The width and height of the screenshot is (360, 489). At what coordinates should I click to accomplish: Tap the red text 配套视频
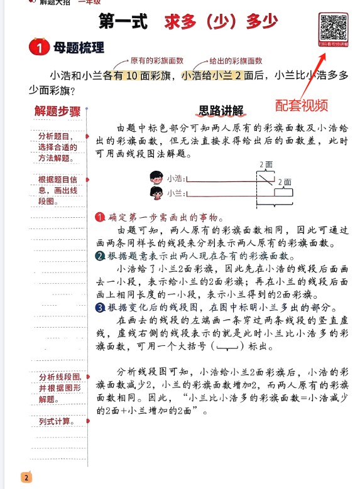coord(302,104)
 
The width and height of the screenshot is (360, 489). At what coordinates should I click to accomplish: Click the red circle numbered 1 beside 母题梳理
coord(39,48)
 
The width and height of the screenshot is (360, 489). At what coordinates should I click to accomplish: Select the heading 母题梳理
coord(79,48)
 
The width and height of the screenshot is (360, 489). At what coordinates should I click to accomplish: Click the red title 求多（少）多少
coord(221,22)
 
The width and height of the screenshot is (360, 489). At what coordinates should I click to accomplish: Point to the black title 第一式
coord(123,22)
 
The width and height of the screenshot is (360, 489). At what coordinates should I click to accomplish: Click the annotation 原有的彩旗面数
coord(156,61)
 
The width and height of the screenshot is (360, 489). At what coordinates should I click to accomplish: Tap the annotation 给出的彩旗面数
coord(236,61)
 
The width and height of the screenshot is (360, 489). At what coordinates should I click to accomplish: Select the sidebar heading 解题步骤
coord(58,112)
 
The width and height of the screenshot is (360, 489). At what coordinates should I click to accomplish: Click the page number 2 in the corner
coord(26,478)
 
